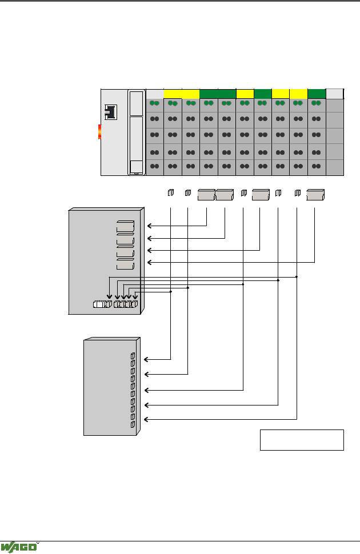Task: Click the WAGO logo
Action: click(19, 546)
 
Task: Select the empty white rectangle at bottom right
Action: click(302, 440)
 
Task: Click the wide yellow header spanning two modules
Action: click(181, 94)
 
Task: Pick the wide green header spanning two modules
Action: click(217, 94)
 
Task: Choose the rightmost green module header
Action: click(316, 94)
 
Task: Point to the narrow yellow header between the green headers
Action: click(245, 94)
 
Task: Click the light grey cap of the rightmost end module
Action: click(334, 94)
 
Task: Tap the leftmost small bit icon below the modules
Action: click(170, 194)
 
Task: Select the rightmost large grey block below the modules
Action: click(315, 195)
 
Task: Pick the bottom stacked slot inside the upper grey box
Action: click(125, 264)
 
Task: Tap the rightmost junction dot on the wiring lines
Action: click(297, 277)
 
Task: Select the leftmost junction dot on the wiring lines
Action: click(171, 292)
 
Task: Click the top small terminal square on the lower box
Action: click(133, 356)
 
